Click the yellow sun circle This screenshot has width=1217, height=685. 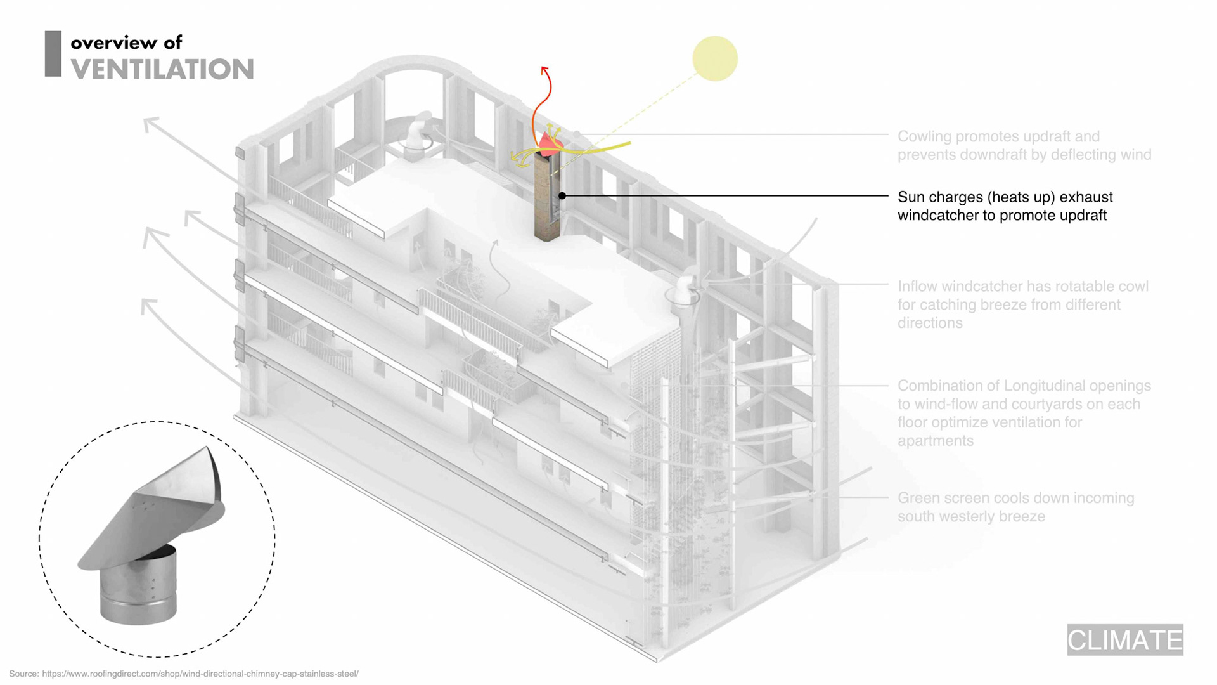pyautogui.click(x=714, y=58)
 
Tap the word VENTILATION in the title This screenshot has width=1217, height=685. pyautogui.click(x=162, y=69)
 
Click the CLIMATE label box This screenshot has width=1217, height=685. pyautogui.click(x=1124, y=639)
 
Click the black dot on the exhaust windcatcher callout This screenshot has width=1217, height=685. pyautogui.click(x=562, y=196)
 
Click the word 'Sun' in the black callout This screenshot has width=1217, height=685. pyautogui.click(x=910, y=197)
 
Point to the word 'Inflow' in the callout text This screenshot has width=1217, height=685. pyautogui.click(x=917, y=287)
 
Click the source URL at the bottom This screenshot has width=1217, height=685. pyautogui.click(x=200, y=674)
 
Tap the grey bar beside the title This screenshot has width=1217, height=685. pyautogui.click(x=53, y=54)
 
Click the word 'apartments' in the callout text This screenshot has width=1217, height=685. pyautogui.click(x=935, y=441)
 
